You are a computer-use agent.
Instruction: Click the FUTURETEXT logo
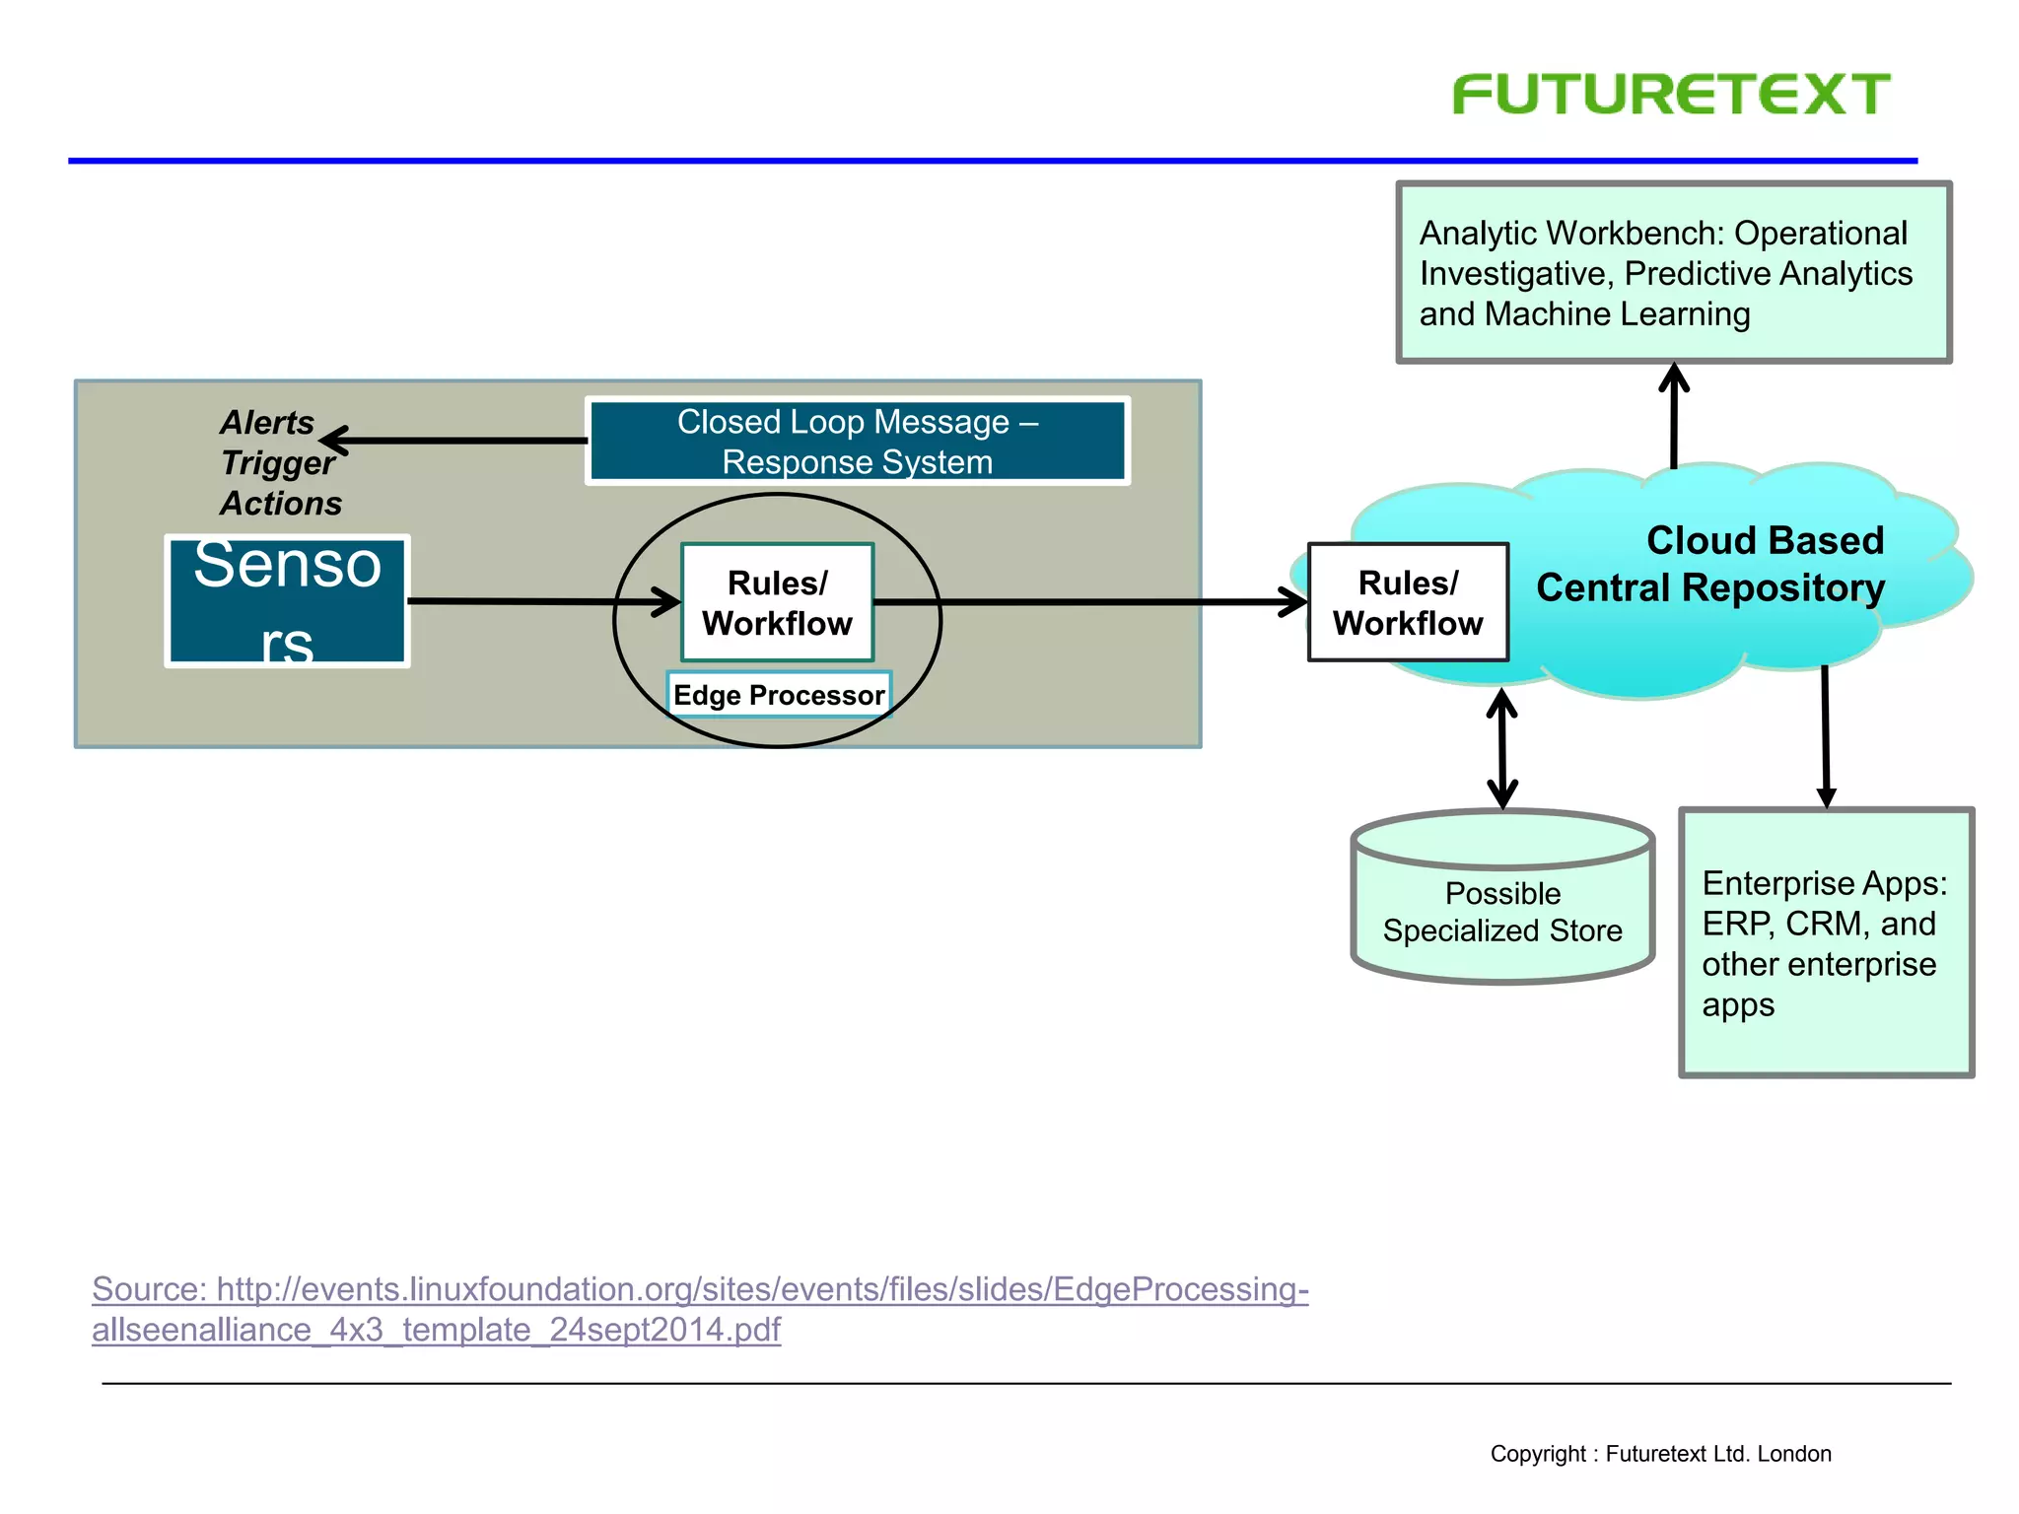click(1671, 95)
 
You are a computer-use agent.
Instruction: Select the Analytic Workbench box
click(1673, 272)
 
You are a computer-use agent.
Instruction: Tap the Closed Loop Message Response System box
click(857, 441)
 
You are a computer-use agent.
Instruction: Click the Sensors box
click(287, 601)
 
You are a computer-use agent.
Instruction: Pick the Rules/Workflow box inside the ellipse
click(777, 602)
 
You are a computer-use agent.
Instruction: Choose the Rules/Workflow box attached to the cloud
click(1408, 602)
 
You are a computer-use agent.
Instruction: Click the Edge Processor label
click(778, 695)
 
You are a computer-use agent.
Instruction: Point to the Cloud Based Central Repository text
click(1710, 564)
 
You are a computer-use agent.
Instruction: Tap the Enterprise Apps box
click(1826, 942)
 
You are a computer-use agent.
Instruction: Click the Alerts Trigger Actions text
click(279, 462)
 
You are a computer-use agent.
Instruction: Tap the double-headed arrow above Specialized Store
click(1501, 749)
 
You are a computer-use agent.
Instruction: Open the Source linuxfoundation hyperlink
click(699, 1289)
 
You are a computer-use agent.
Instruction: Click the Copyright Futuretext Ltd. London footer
click(1660, 1454)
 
